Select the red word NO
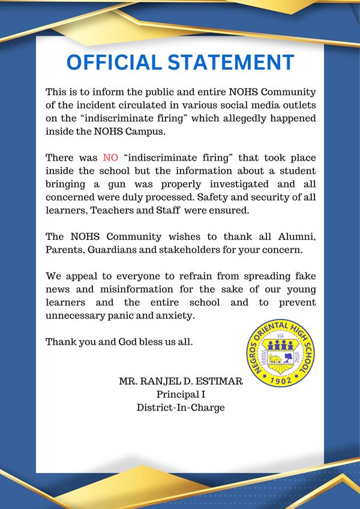point(110,158)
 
